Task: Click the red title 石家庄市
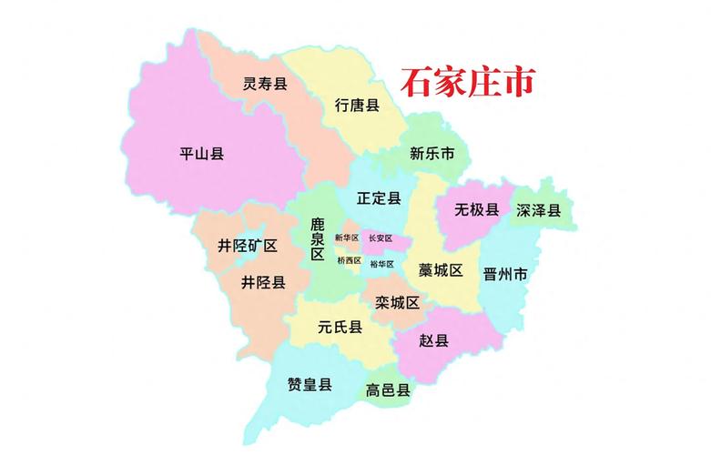(467, 83)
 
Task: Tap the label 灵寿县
(265, 85)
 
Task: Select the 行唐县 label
(357, 105)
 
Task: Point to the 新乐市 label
(432, 154)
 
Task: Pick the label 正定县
(379, 197)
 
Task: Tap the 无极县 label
(477, 210)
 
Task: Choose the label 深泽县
(539, 210)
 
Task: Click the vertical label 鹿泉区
(318, 238)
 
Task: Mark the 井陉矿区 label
(248, 246)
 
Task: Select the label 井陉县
(263, 282)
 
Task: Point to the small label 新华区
(347, 238)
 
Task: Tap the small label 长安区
(381, 238)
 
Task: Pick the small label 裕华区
(382, 264)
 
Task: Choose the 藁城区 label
(441, 270)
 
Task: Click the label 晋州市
(506, 274)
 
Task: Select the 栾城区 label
(397, 302)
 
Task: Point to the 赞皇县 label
(310, 384)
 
